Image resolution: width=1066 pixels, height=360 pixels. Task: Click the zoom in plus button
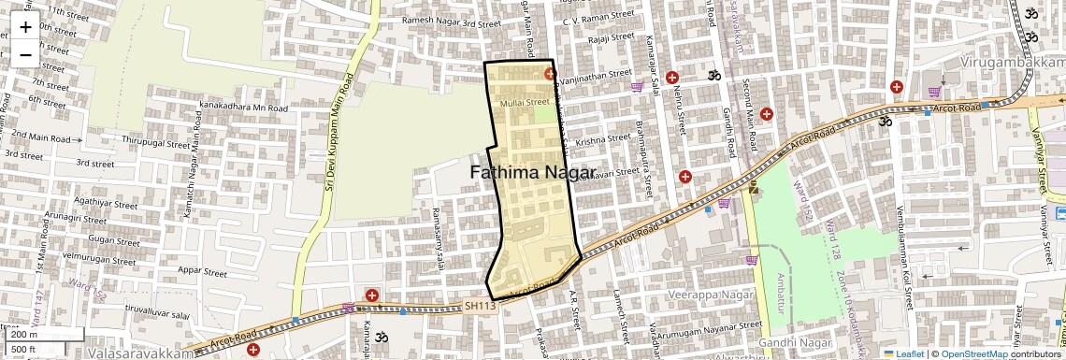pos(25,26)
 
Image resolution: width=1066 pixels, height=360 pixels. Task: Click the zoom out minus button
pos(25,54)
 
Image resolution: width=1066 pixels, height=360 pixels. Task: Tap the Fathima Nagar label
pos(533,173)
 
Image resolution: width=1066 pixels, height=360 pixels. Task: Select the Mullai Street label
pos(525,102)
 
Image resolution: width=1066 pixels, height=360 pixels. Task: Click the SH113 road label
pos(480,305)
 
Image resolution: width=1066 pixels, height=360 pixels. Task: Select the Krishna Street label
pos(604,139)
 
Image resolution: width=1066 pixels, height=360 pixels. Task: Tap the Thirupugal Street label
pos(156,143)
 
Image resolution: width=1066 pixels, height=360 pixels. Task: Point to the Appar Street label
pos(202,273)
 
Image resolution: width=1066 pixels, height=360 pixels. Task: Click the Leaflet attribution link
pos(902,353)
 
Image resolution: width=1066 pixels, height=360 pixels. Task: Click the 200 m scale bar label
pos(23,335)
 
